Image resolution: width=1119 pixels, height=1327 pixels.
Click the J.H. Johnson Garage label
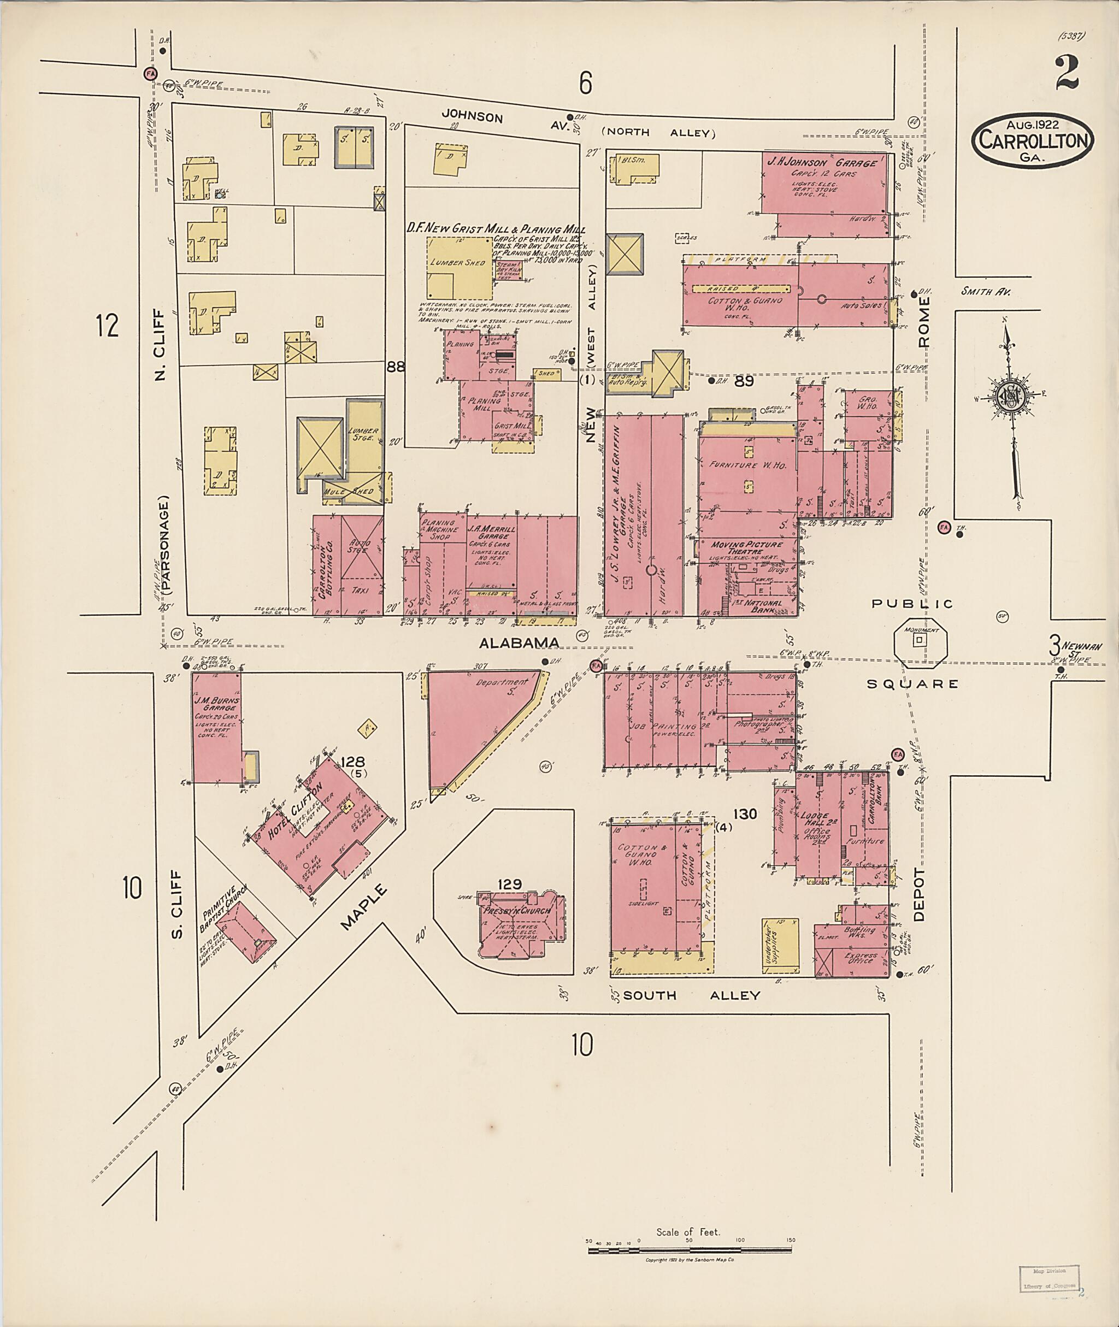click(x=823, y=163)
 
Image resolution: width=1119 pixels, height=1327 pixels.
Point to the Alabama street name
click(x=519, y=643)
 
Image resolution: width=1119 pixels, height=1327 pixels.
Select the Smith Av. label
click(x=985, y=292)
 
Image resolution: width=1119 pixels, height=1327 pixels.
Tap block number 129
click(x=509, y=883)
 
